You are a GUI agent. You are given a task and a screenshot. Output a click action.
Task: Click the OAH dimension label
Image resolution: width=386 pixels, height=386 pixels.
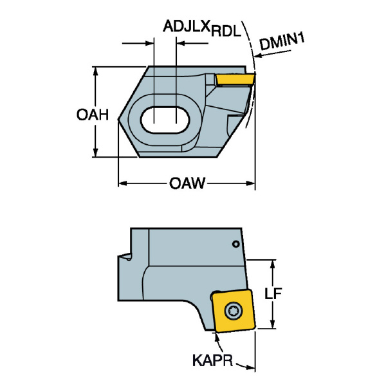tap(93, 115)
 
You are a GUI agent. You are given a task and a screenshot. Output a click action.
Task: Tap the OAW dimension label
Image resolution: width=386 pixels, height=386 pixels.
tap(187, 183)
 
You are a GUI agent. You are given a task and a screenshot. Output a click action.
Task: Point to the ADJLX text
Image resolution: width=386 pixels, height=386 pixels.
tap(187, 26)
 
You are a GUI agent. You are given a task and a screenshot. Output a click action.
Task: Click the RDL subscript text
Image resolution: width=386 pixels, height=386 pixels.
tap(225, 32)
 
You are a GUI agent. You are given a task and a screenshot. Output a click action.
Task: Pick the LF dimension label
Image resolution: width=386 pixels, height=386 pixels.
tap(273, 293)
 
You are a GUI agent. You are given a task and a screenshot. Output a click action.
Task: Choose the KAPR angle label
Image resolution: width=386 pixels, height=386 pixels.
tap(212, 361)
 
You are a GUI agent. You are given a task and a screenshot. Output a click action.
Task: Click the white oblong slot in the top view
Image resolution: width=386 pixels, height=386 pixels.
tap(165, 120)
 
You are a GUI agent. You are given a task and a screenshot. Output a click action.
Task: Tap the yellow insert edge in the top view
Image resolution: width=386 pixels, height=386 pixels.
tap(235, 79)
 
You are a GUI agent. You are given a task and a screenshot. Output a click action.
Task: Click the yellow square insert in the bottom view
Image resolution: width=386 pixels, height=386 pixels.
tap(234, 311)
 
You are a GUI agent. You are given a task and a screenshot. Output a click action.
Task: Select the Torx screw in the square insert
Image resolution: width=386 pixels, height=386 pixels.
tap(234, 311)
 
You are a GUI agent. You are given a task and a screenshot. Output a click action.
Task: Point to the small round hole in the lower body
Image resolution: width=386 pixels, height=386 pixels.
tap(236, 244)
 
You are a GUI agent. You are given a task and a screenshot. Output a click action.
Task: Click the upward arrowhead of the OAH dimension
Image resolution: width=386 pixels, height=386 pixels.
tap(96, 71)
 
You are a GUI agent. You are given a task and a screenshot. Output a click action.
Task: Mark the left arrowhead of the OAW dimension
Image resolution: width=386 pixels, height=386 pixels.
tap(123, 183)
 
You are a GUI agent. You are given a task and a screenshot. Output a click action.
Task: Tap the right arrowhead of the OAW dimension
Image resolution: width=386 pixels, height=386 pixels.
tap(251, 183)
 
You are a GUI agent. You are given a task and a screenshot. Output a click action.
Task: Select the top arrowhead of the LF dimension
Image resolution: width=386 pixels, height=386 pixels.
tap(273, 264)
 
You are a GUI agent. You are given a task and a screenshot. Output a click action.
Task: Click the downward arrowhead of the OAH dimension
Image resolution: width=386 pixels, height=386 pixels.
tap(96, 152)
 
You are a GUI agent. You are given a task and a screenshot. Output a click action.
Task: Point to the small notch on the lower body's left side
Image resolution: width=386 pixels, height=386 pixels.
tap(125, 257)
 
